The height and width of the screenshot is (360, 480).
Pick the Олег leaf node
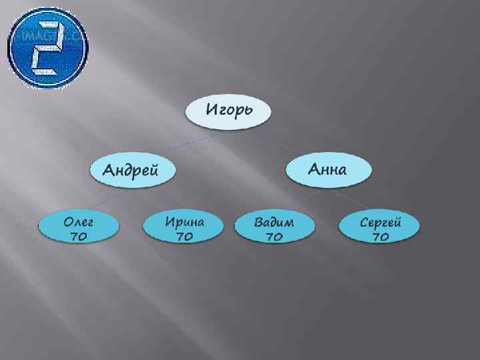[79, 228]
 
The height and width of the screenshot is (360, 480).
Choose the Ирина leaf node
[184, 228]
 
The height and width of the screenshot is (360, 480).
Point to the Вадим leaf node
[274, 228]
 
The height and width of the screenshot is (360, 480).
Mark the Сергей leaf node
[380, 228]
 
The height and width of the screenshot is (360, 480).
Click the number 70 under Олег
[78, 236]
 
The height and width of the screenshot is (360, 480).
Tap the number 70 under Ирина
[184, 236]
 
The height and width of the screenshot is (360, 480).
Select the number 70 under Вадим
[274, 236]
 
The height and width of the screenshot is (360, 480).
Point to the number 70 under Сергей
[380, 236]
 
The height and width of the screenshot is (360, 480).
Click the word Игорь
[229, 109]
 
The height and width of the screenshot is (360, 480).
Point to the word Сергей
[380, 221]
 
